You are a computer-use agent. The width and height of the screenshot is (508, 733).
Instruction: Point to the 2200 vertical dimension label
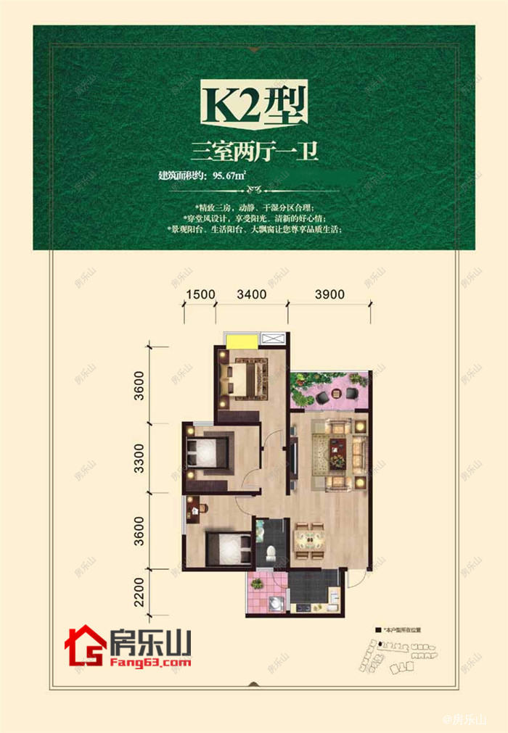(140, 590)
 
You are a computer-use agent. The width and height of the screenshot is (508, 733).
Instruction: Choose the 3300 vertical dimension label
(140, 457)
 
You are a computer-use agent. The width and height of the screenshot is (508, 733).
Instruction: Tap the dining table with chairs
(310, 539)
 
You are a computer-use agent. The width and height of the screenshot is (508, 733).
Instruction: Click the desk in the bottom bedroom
(196, 511)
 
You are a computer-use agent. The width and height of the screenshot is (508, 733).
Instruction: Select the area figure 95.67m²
(229, 175)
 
